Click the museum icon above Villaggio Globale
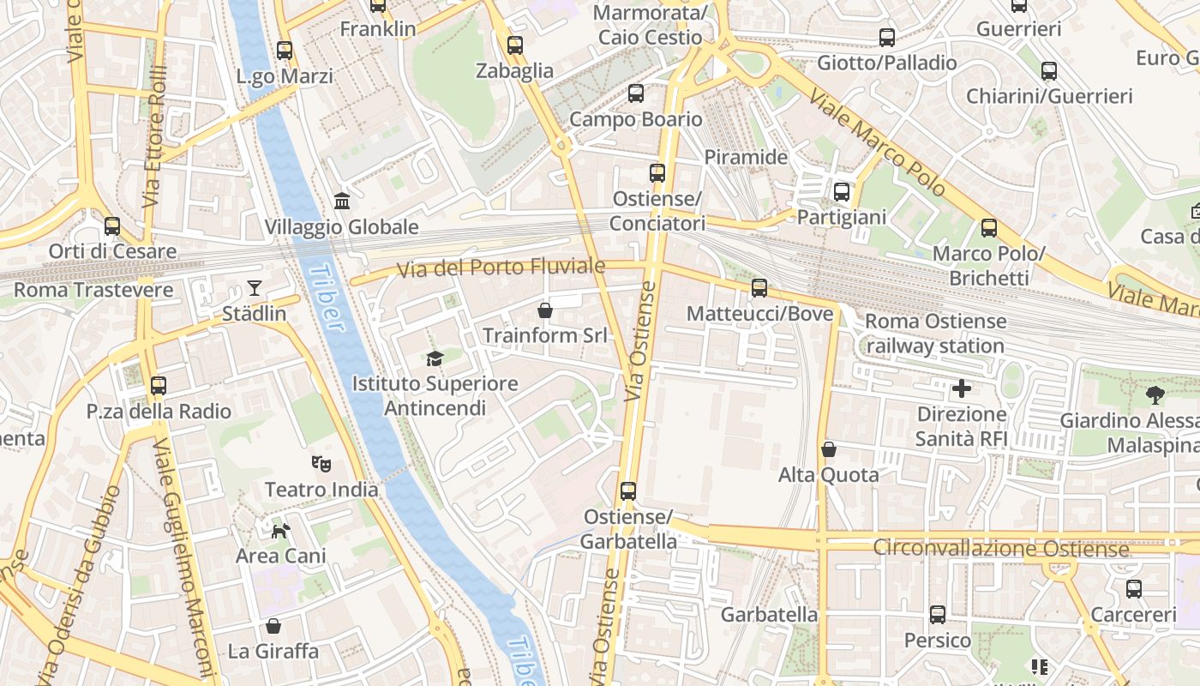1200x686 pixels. pos(342,201)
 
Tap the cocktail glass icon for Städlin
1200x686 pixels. pos(255,287)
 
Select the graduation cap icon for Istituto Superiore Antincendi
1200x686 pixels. pos(435,358)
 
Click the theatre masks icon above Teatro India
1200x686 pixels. pos(321,464)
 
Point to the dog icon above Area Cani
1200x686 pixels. pos(280,531)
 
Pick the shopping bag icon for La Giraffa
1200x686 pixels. pos(273,626)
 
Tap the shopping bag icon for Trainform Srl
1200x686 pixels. pos(544,310)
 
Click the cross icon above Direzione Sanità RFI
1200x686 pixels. pos(962,388)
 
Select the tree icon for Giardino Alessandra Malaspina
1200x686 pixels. pos(1155,394)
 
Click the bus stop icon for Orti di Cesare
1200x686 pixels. pos(112,226)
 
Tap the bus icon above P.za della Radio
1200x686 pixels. pos(159,386)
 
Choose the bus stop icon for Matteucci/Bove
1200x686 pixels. pos(759,288)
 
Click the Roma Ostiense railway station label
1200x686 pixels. pos(935,334)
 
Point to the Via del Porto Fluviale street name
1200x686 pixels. pos(501,268)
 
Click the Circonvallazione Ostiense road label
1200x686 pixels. pos(1000,548)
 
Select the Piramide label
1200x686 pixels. pos(746,157)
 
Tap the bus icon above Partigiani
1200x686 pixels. pos(841,192)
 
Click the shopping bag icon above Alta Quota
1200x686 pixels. pos(829,449)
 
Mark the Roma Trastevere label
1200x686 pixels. pos(93,290)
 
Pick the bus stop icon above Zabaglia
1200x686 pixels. pos(514,45)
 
